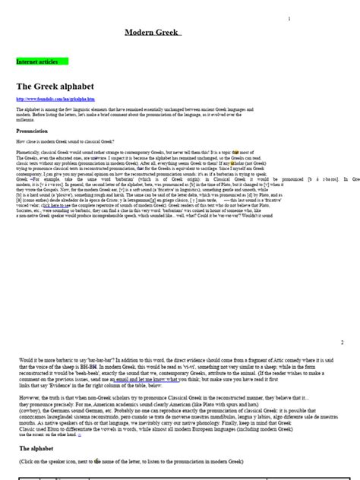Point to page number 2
pyautogui.click(x=342, y=343)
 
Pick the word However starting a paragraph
pyautogui.click(x=30, y=396)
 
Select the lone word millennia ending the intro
pyautogui.click(x=25, y=120)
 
